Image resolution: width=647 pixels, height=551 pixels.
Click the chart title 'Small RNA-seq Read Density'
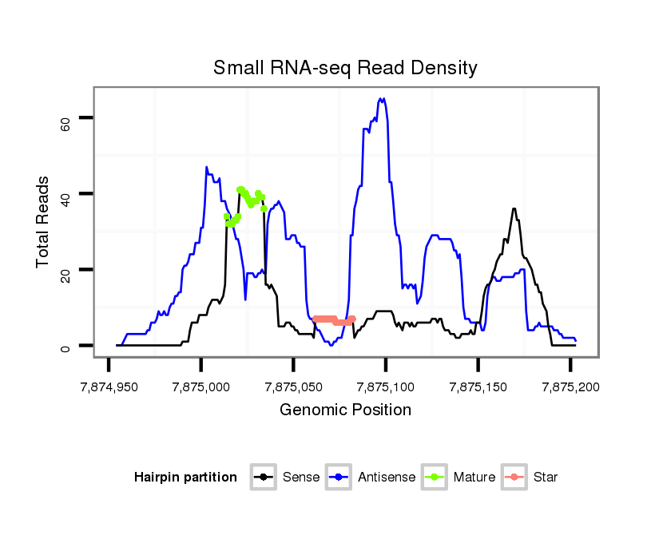(345, 68)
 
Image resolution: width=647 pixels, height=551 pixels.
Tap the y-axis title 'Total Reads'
(42, 222)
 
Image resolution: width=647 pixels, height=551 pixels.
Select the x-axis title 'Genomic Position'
(345, 410)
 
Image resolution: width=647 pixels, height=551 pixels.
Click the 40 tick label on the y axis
(65, 194)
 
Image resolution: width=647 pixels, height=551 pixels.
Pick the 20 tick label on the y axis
(65, 270)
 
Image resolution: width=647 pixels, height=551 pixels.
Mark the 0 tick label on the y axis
(65, 346)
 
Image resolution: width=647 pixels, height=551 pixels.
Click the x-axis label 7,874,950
(109, 387)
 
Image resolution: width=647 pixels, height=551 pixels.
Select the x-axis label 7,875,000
(200, 387)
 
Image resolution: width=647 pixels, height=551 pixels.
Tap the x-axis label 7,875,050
(293, 387)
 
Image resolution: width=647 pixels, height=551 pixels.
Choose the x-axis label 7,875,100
(386, 387)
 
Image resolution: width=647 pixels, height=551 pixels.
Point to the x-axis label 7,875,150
(478, 387)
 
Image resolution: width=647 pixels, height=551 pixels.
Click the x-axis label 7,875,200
(570, 387)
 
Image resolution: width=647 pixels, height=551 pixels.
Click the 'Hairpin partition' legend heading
(185, 478)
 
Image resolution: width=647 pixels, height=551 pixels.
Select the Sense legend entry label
(301, 478)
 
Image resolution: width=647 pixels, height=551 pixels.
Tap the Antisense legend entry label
(387, 478)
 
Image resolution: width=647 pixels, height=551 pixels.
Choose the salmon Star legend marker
(514, 478)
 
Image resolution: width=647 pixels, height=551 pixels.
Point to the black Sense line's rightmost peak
(514, 209)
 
